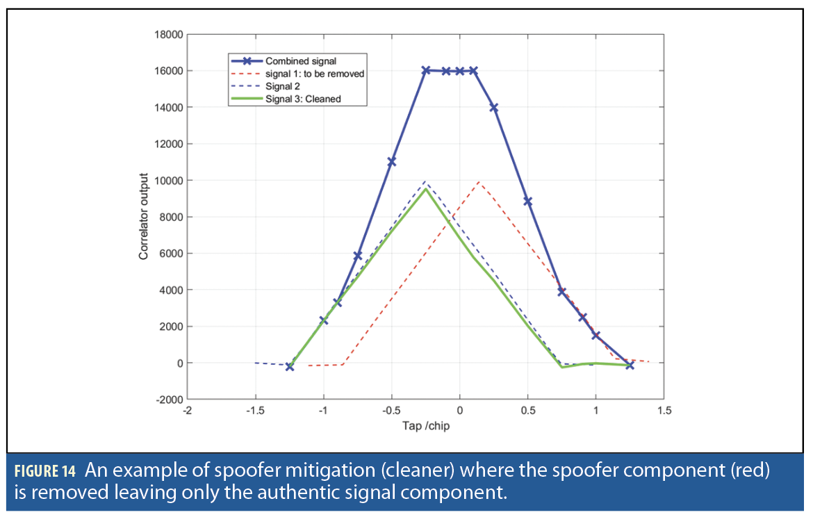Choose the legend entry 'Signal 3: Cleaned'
pos(303,99)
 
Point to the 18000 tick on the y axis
pos(169,34)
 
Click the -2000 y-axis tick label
pos(169,400)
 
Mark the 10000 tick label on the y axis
pos(169,181)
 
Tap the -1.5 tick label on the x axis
pos(255,411)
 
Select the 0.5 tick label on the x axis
pos(527,411)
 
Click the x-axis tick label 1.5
pos(664,411)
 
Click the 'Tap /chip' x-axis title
pos(425,425)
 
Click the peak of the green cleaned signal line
pos(425,189)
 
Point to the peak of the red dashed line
pos(478,181)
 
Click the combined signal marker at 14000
pos(494,108)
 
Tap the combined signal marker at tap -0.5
pos(391,161)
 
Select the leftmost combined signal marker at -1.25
pos(290,366)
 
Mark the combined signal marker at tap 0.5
pos(527,202)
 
